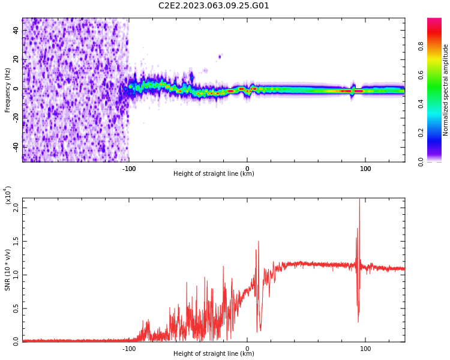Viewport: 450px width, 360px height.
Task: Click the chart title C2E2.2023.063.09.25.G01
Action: (x=214, y=6)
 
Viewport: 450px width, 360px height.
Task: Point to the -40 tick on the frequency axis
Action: (x=16, y=146)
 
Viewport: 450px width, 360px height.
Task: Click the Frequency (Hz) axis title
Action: (x=8, y=90)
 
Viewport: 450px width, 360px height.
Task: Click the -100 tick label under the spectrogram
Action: (x=129, y=168)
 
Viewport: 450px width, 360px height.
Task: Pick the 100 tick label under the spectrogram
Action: (x=365, y=168)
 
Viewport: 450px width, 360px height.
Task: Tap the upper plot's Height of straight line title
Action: (x=214, y=174)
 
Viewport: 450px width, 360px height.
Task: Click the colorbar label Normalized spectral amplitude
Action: (x=446, y=90)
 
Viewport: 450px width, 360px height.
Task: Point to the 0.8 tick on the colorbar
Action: (x=437, y=46)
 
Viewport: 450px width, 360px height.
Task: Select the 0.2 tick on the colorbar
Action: (x=437, y=133)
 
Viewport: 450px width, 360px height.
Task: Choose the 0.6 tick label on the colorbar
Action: (x=437, y=74)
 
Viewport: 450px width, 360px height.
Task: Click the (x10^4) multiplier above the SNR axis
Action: (x=8, y=196)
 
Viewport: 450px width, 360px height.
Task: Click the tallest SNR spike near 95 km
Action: (x=359, y=201)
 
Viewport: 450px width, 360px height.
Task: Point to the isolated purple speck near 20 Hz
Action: (x=220, y=57)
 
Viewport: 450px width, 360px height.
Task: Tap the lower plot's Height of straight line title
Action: (x=214, y=354)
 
